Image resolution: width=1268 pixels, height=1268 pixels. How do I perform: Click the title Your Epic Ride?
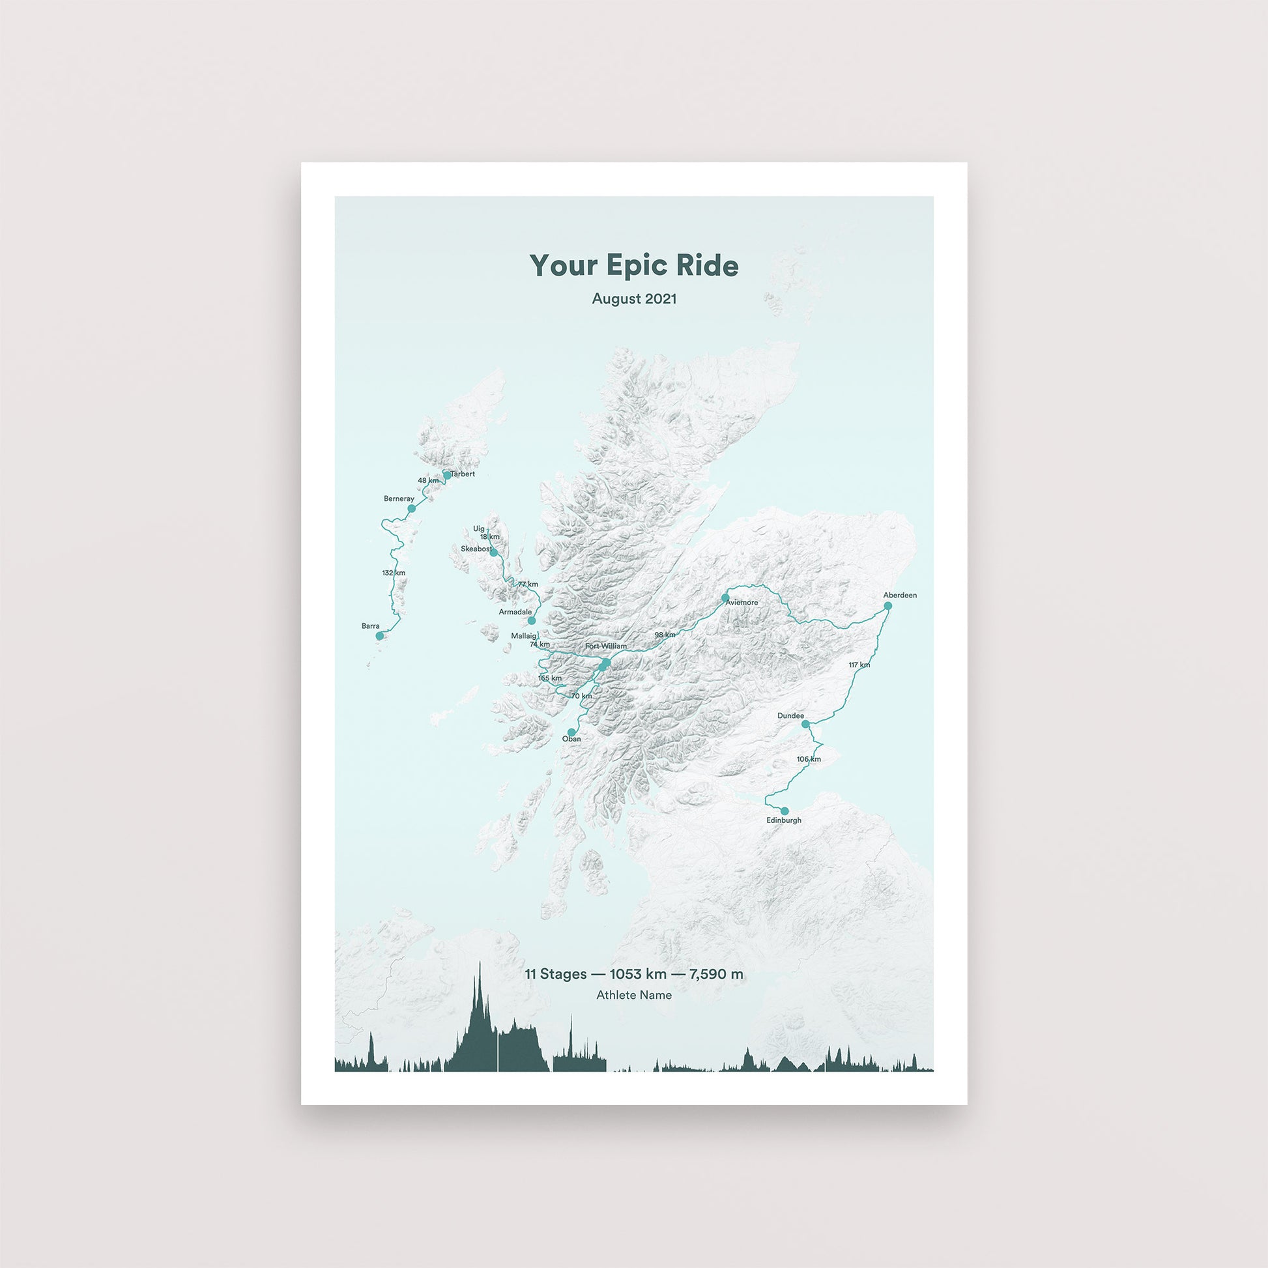(633, 266)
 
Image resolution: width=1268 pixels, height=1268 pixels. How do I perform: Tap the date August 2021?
(633, 298)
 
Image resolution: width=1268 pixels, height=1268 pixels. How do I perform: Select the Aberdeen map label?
(900, 596)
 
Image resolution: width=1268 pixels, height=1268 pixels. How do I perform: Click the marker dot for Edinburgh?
(785, 811)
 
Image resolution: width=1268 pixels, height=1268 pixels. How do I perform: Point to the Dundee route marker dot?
(806, 724)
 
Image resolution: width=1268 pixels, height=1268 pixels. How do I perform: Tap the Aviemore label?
(742, 603)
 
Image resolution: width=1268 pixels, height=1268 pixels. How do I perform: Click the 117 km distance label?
(859, 665)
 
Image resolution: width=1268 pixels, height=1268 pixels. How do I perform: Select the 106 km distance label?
(809, 759)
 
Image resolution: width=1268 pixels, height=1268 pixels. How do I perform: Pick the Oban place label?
(571, 739)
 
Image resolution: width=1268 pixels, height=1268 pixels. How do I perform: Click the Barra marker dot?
(379, 636)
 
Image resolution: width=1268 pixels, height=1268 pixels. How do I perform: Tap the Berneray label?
(399, 499)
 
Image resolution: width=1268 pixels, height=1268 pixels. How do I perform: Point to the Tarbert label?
(463, 474)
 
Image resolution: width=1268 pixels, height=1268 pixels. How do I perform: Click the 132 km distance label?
(393, 573)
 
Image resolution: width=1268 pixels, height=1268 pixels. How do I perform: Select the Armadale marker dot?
(532, 620)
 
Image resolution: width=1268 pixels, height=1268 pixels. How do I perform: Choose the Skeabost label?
(476, 549)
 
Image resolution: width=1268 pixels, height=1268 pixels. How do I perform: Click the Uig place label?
(478, 528)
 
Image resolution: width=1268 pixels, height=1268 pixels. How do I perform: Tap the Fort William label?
(606, 646)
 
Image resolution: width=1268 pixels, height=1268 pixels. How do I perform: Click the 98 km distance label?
(664, 635)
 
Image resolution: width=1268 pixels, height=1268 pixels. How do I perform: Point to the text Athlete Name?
(633, 995)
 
